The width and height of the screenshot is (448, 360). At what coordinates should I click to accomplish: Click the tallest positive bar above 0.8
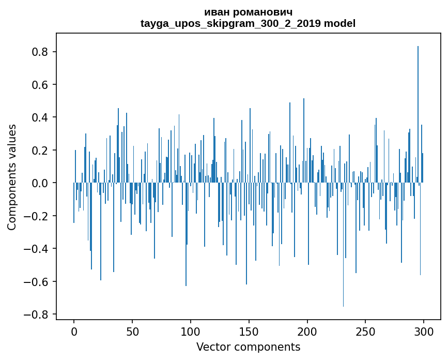418,114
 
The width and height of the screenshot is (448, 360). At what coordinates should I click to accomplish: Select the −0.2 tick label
38,216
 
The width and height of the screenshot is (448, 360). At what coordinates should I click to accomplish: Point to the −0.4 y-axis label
38,249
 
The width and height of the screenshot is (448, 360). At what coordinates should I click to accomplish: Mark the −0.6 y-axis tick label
38,281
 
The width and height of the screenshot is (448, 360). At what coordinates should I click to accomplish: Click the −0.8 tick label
38,314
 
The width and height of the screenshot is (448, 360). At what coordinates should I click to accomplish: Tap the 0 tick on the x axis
74,331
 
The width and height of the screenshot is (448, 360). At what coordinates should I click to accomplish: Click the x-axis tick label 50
132,331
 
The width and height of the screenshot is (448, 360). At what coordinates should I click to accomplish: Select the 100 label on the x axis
191,331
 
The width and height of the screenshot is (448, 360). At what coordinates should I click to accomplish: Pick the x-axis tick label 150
249,331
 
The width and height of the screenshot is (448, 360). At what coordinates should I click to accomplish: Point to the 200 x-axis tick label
307,331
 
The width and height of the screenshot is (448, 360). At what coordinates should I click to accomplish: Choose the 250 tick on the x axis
365,331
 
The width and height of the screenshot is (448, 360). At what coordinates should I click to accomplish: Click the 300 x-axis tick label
424,331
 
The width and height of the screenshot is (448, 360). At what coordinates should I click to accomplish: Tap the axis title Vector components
248,347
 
